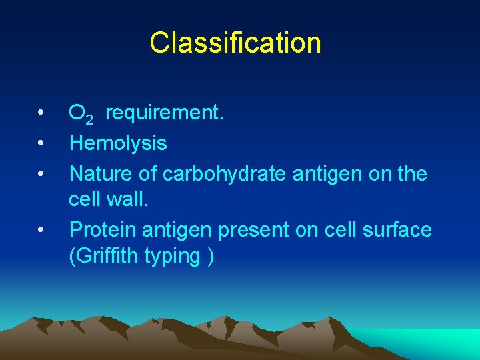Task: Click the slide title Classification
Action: click(x=235, y=43)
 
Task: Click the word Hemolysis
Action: click(x=118, y=143)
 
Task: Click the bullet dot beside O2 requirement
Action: click(x=41, y=113)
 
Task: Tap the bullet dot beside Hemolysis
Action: click(x=41, y=143)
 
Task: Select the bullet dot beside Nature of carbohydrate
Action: click(x=41, y=173)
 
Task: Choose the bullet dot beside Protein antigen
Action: click(x=41, y=231)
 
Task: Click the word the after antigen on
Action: click(x=411, y=173)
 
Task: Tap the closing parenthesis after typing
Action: click(x=211, y=257)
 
